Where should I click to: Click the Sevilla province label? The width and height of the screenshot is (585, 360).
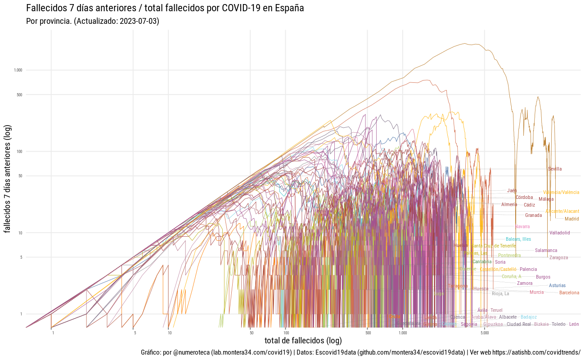555,169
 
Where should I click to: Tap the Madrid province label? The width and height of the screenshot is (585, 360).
571,219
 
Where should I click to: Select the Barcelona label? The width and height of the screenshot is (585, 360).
569,293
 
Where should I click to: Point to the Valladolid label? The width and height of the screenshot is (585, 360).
559,233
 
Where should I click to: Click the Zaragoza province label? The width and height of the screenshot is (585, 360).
558,258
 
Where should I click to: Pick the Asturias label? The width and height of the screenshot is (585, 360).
557,286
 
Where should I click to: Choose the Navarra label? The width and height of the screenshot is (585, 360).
522,227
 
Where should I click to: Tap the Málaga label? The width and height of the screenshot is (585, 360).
546,199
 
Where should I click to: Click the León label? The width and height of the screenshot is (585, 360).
574,324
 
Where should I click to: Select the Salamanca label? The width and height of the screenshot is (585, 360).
546,251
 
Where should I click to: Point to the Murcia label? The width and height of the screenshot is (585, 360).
536,292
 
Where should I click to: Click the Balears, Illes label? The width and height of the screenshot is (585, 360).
518,239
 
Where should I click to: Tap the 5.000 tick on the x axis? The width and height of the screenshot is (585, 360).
485,333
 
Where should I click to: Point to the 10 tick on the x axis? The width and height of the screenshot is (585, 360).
169,333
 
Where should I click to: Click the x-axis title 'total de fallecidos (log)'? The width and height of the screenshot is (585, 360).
303,341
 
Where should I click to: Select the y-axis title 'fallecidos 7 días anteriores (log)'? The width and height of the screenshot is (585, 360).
8,179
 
